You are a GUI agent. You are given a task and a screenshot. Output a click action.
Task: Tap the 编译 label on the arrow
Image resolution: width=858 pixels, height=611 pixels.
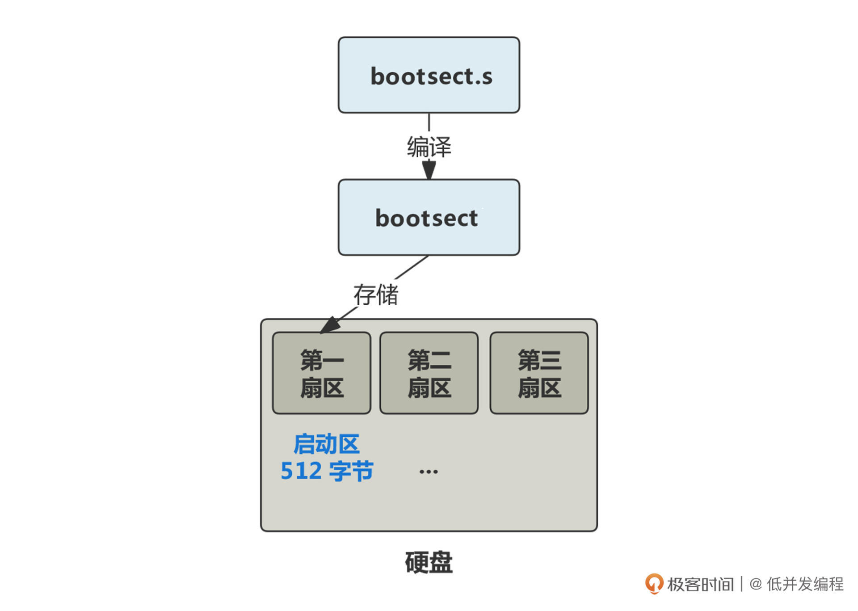429,147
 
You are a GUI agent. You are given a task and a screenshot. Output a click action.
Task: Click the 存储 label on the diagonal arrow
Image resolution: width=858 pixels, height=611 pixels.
375,295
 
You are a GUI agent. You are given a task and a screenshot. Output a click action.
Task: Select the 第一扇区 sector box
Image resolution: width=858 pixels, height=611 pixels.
321,373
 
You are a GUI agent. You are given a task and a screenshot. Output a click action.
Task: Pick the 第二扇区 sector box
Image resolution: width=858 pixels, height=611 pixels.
429,373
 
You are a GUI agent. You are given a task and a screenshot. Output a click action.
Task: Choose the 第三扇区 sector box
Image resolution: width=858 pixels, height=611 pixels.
539,373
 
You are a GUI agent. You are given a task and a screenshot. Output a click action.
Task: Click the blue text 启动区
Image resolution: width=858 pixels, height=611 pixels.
327,444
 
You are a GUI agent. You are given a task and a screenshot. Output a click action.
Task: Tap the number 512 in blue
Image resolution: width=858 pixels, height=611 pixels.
301,471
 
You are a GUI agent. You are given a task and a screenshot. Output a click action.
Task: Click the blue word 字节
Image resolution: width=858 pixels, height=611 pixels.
351,471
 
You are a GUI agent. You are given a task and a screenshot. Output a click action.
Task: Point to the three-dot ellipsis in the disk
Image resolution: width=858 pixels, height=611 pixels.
429,472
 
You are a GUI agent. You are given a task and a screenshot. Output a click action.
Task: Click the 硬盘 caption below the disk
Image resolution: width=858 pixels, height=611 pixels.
429,562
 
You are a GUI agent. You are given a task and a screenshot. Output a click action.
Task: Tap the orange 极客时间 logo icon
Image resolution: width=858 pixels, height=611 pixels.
654,583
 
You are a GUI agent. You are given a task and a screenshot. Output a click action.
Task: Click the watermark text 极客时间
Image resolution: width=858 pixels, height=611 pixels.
700,584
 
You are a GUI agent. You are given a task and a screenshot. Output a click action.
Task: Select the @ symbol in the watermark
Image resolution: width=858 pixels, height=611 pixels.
756,584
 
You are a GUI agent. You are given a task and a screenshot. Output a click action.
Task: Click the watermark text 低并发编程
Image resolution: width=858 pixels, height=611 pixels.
805,584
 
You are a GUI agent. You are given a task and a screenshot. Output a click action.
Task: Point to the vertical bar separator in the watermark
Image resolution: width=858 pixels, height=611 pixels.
741,584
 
